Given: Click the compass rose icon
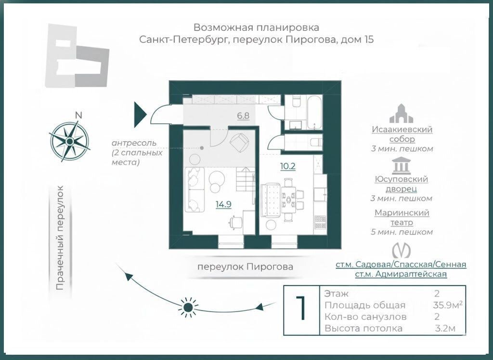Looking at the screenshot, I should [70, 140].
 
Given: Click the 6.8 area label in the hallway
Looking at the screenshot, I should [243, 116].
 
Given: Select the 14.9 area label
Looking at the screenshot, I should [223, 204].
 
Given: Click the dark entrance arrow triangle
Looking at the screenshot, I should [140, 114].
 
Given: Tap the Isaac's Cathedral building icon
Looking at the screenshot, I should [402, 113].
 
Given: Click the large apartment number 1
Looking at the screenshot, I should [301, 310].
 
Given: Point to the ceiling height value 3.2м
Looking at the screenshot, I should [444, 329].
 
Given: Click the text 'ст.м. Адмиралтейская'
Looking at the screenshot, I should [401, 274].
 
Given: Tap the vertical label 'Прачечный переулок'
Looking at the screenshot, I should [60, 239].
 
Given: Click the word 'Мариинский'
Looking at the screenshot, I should [402, 213].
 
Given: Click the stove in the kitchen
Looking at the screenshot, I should [320, 222].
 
